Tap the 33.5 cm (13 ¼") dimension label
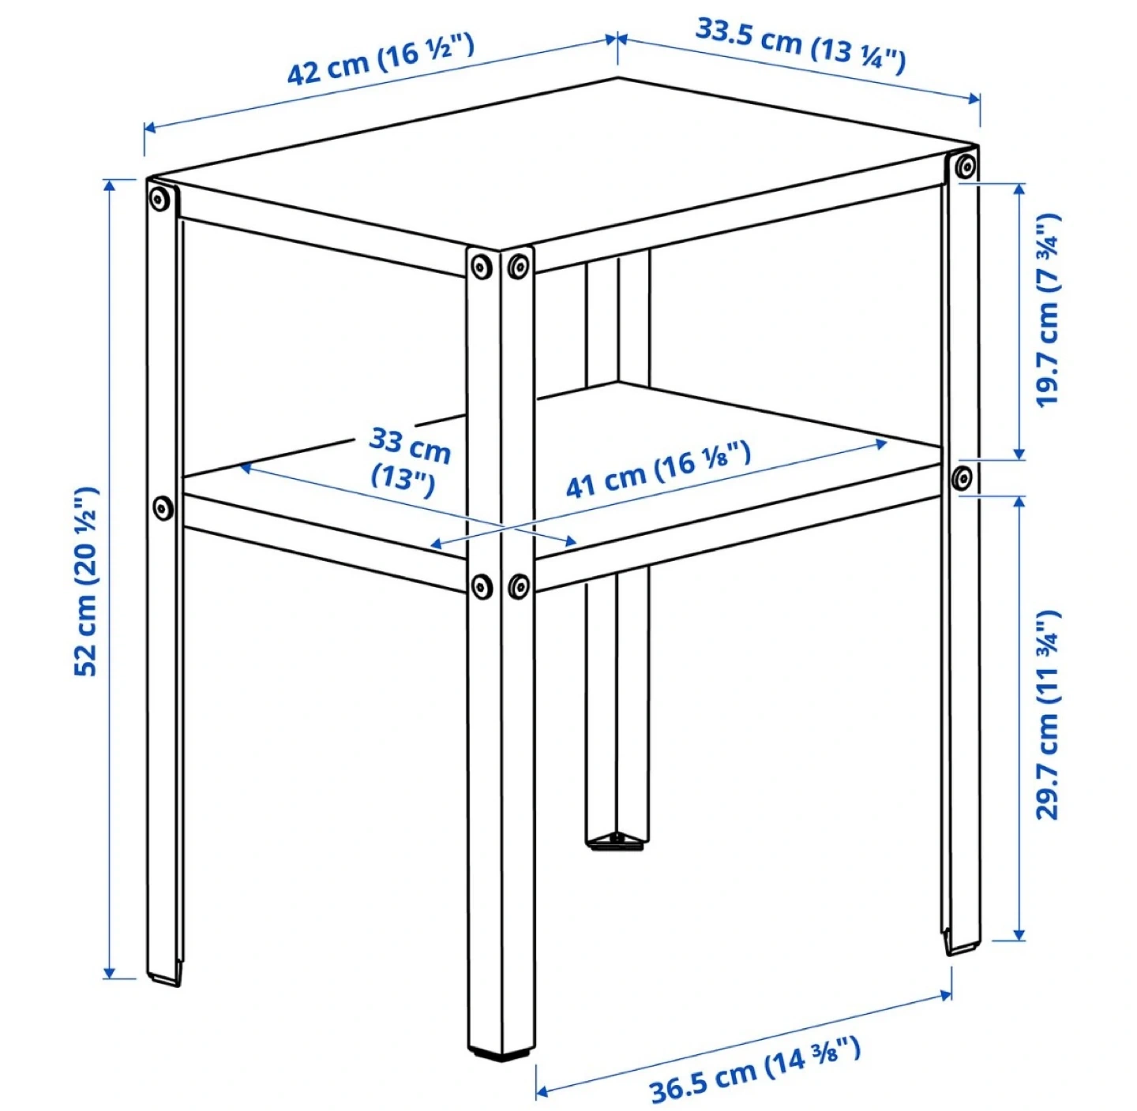tap(801, 47)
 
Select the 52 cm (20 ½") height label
tap(87, 580)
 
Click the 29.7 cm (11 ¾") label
tap(1046, 715)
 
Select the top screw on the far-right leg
tap(963, 167)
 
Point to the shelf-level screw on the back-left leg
tap(163, 507)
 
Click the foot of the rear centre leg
tap(617, 840)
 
